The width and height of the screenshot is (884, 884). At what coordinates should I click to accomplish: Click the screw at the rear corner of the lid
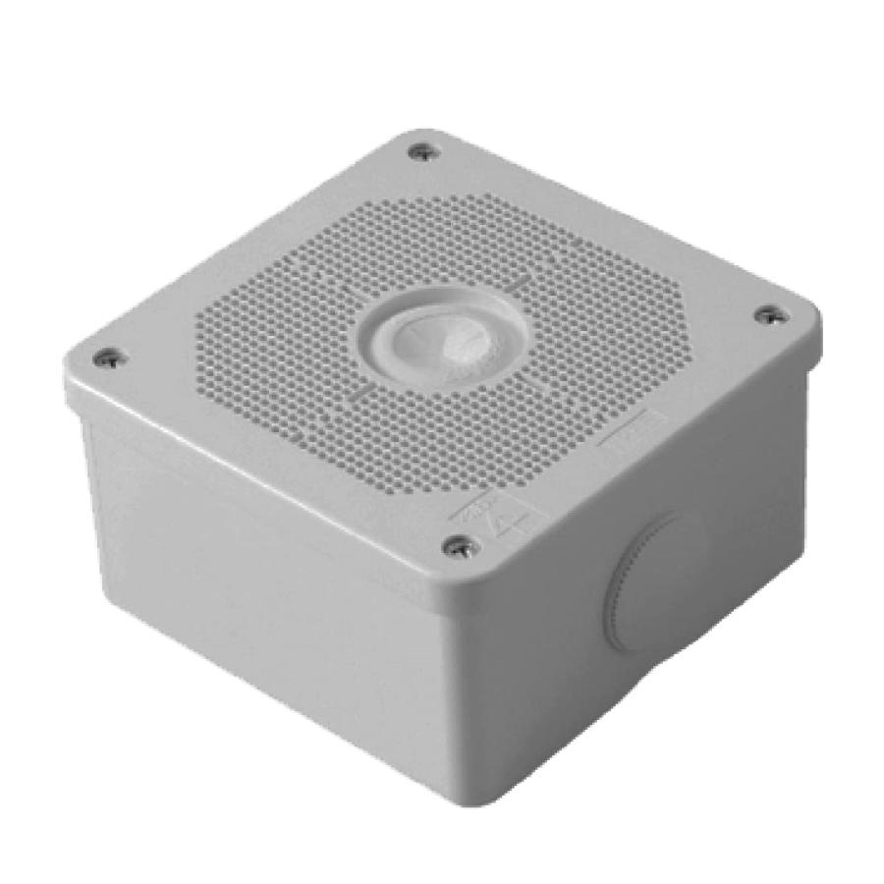(422, 152)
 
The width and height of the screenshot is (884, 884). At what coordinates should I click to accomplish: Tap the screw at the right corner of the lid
(771, 314)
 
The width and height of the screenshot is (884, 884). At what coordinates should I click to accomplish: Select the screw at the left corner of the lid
(110, 359)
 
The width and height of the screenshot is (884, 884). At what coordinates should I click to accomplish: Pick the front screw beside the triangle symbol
(460, 546)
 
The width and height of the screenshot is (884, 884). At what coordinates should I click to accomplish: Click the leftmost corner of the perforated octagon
(196, 324)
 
